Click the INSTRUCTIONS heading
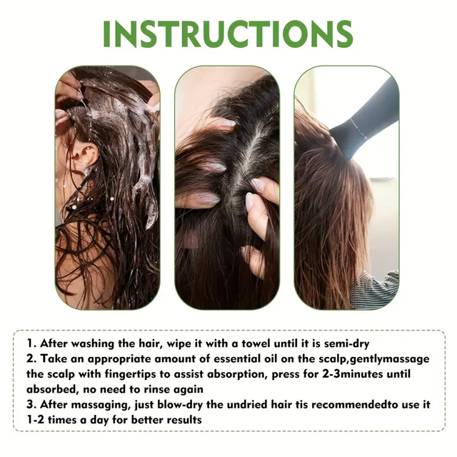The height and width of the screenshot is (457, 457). [228, 34]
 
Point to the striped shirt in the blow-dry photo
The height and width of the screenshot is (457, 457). [376, 289]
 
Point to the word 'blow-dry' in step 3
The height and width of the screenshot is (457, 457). [180, 405]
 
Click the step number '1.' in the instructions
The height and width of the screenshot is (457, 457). [31, 343]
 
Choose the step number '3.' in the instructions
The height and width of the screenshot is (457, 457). [31, 405]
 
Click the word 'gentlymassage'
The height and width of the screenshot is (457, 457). [390, 359]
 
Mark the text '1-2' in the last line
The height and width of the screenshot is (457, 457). [35, 420]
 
